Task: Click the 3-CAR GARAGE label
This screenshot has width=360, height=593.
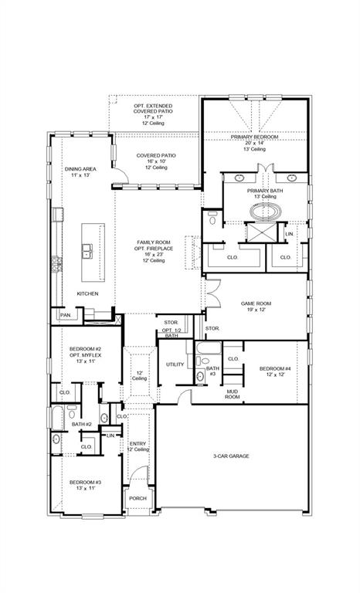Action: (x=231, y=456)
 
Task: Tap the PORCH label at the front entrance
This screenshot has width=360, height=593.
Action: (x=138, y=498)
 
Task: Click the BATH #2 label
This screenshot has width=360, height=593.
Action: (x=83, y=425)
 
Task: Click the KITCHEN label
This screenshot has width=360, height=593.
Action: (x=87, y=294)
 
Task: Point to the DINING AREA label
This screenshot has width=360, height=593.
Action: (x=80, y=172)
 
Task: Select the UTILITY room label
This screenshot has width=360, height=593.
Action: (x=174, y=364)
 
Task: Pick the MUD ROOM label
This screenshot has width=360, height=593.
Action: (x=232, y=394)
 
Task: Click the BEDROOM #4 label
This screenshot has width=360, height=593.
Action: (x=275, y=371)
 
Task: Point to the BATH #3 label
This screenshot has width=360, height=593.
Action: (x=212, y=371)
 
